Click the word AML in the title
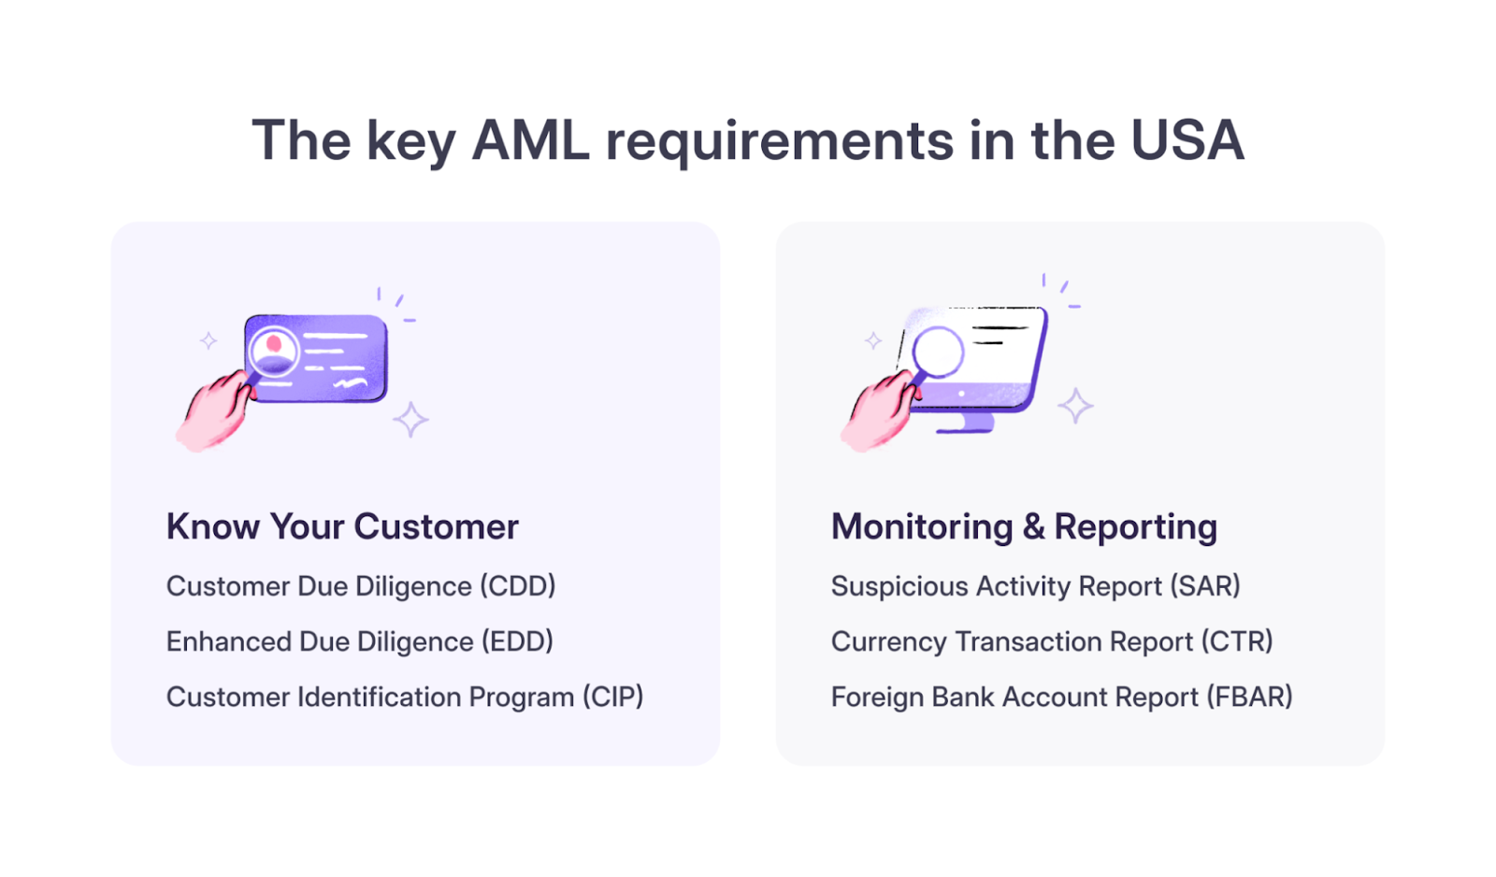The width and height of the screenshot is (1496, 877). [530, 141]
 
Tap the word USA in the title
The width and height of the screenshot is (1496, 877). [1187, 141]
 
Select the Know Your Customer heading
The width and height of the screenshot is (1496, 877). [342, 526]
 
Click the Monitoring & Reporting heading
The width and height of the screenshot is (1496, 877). [1024, 526]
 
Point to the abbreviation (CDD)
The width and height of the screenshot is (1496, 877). [518, 586]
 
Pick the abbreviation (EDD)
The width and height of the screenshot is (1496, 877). [517, 641]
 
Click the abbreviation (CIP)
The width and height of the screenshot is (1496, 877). [612, 697]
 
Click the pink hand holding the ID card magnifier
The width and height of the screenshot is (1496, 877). [213, 413]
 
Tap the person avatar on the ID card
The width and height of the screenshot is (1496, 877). [274, 350]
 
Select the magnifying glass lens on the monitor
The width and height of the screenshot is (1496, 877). [938, 352]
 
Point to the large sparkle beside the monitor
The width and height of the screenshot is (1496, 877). [1075, 406]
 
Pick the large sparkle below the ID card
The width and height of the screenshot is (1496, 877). [410, 420]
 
